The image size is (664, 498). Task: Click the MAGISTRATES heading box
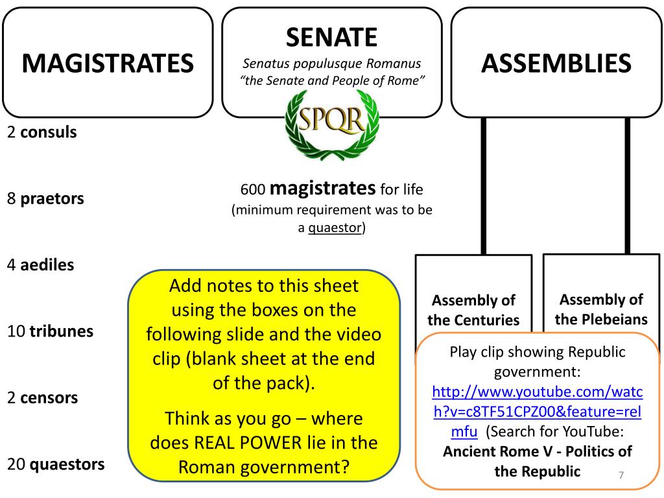(x=107, y=63)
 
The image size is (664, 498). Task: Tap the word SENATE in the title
(x=331, y=37)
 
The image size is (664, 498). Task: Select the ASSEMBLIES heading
(x=556, y=63)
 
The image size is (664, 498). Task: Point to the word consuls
(x=49, y=132)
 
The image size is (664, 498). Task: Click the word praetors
(x=53, y=198)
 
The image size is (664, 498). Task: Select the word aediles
(x=47, y=265)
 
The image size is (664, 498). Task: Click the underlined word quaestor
(x=335, y=228)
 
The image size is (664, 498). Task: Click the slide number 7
(x=621, y=476)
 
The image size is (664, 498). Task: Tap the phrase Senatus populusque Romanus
(x=331, y=64)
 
